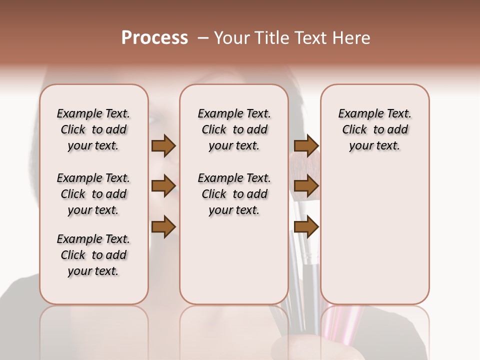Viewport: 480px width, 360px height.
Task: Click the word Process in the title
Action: (154, 37)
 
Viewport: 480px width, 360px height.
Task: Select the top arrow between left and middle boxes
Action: (163, 145)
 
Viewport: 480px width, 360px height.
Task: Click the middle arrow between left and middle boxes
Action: (163, 186)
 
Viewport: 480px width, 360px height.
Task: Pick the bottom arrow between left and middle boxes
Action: (163, 226)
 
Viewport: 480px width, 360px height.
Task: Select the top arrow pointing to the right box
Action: (306, 145)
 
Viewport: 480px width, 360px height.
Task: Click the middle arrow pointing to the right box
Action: (306, 186)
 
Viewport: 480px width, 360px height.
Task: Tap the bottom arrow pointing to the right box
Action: (306, 226)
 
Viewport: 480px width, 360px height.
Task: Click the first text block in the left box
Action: (93, 129)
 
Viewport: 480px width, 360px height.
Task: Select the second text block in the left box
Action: (93, 194)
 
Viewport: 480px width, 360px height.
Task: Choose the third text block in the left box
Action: (93, 255)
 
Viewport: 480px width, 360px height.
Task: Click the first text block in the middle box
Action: (234, 129)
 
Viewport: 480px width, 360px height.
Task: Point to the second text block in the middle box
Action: (234, 194)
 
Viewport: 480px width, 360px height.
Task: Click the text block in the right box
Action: (375, 129)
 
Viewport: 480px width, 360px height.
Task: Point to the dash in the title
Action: (203, 38)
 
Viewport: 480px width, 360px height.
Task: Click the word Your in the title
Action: (232, 38)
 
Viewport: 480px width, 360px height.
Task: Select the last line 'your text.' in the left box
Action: (93, 271)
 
